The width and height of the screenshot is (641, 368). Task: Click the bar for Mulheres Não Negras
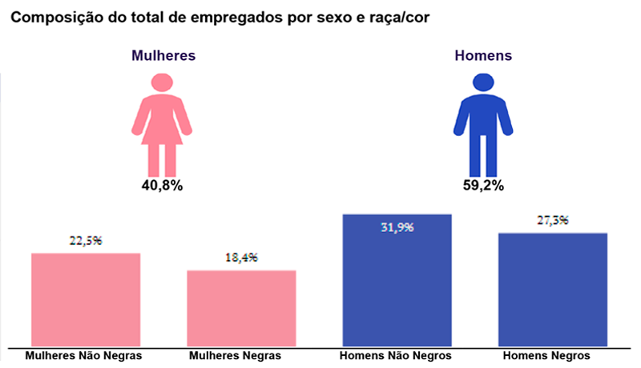pyautogui.click(x=86, y=300)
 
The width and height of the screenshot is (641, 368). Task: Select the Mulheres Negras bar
pyautogui.click(x=241, y=308)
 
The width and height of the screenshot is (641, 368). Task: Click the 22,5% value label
pyautogui.click(x=87, y=241)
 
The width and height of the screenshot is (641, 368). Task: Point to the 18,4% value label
pyautogui.click(x=241, y=258)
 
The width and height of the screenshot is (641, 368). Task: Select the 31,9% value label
pyautogui.click(x=397, y=227)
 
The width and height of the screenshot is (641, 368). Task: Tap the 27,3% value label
pyautogui.click(x=552, y=220)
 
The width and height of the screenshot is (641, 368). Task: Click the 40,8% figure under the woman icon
pyautogui.click(x=163, y=186)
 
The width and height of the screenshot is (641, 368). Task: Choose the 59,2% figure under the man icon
pyautogui.click(x=482, y=186)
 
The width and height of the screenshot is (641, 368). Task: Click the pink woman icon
pyautogui.click(x=163, y=128)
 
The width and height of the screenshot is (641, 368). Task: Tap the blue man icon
pyautogui.click(x=482, y=128)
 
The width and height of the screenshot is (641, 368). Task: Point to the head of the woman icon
pyautogui.click(x=163, y=82)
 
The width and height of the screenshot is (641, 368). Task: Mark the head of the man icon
pyautogui.click(x=482, y=82)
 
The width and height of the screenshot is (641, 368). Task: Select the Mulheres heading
pyautogui.click(x=163, y=56)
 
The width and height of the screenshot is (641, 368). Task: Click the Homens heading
pyautogui.click(x=483, y=56)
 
